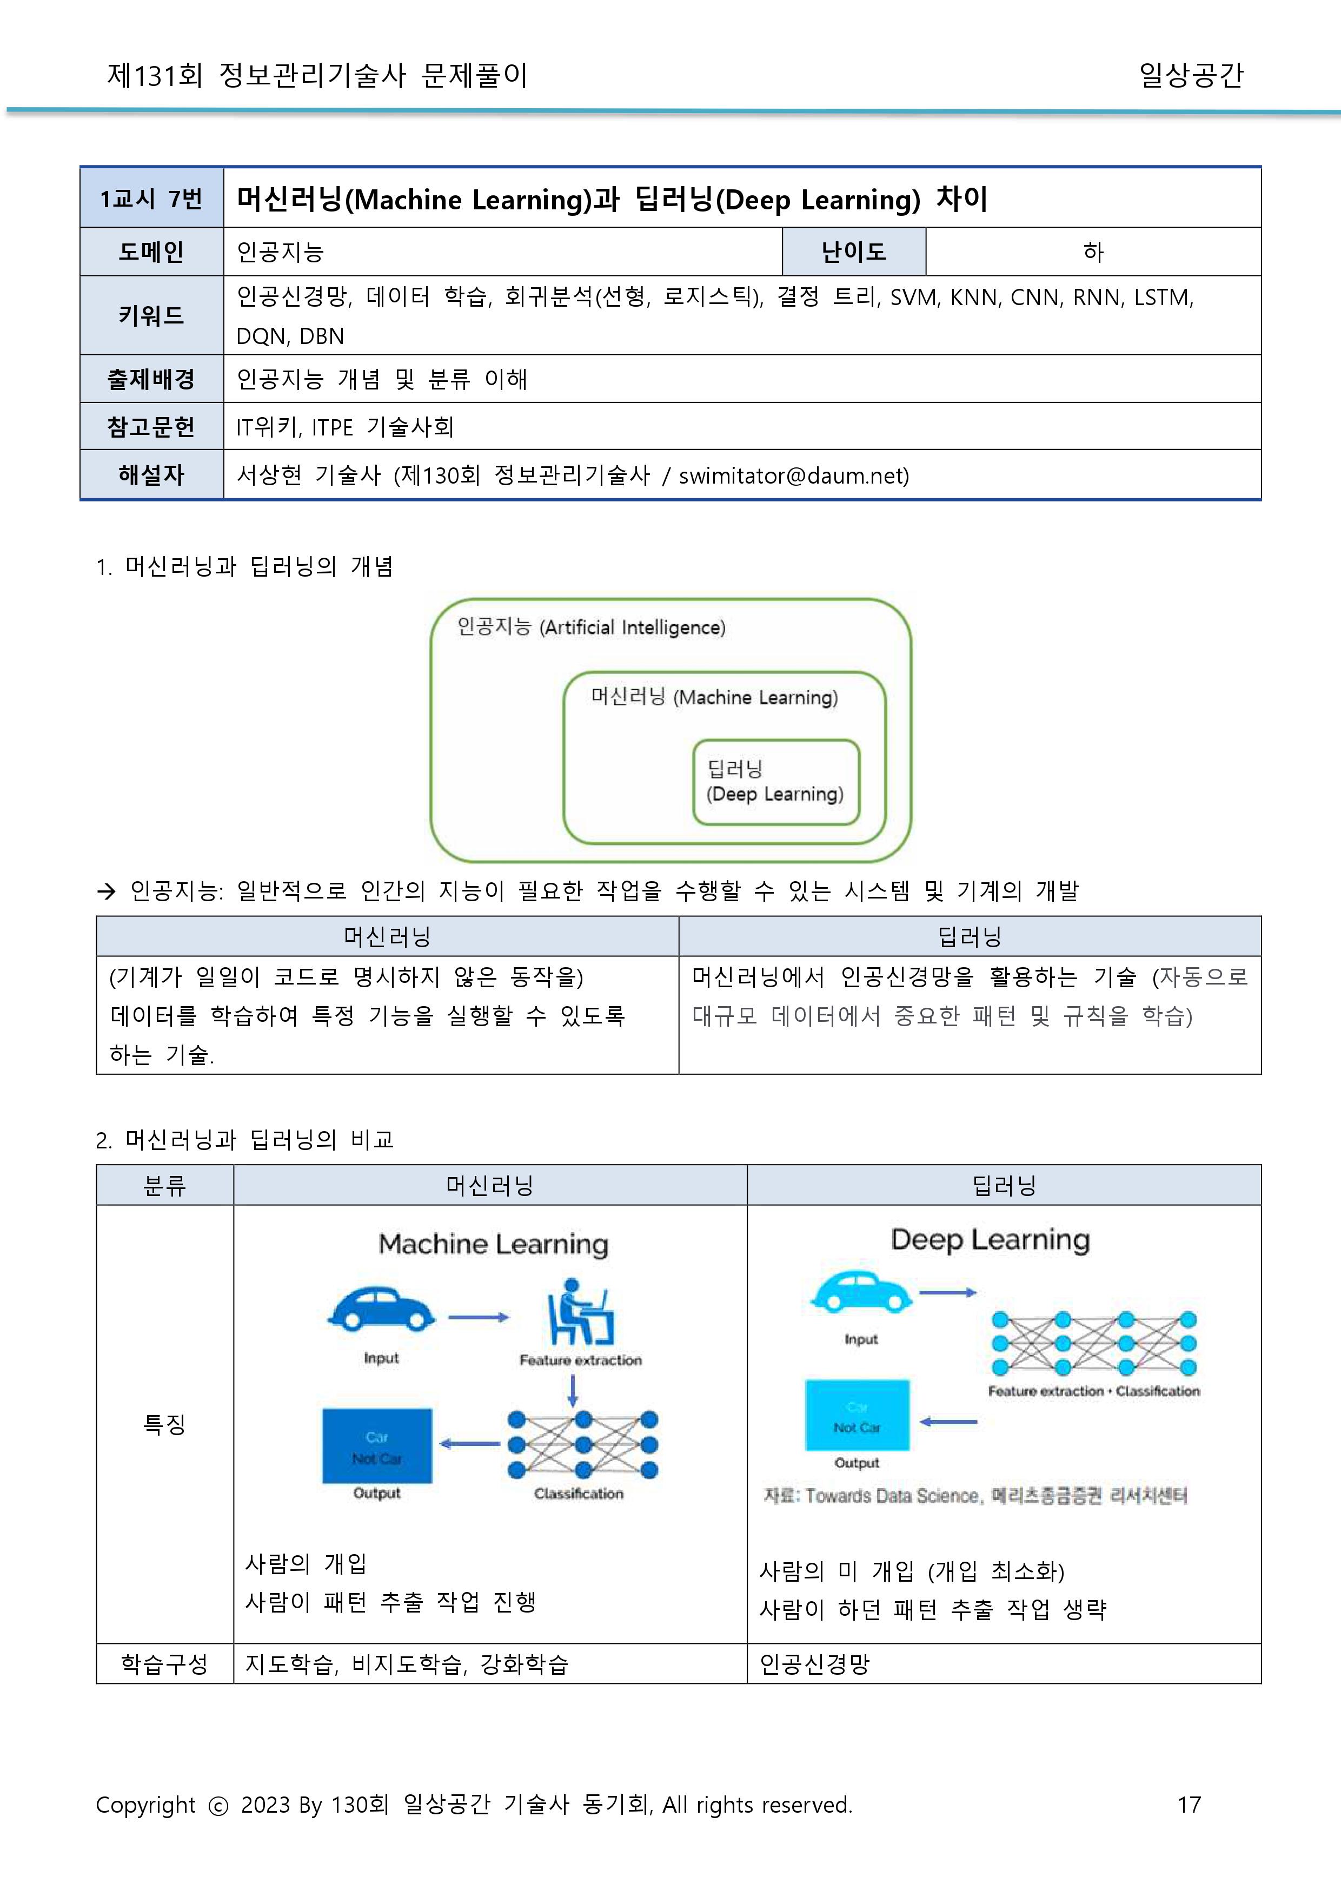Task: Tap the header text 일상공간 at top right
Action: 1191,75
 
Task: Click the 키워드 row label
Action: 151,315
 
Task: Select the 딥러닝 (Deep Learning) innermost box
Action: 775,782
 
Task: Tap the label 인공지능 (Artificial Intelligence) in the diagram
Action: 591,627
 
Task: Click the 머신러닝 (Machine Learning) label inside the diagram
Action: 714,697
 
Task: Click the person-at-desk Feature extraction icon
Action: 581,1313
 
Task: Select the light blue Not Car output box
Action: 857,1415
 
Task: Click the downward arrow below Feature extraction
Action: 573,1390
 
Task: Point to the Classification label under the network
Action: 578,1494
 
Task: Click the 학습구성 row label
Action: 164,1664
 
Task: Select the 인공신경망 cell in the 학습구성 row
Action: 814,1664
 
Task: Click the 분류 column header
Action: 164,1186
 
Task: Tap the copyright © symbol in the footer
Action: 218,1806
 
